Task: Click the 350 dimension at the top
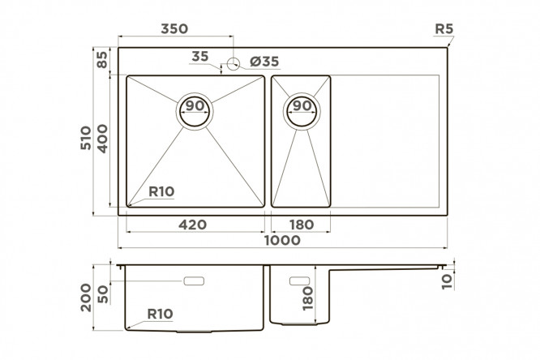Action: (x=174, y=28)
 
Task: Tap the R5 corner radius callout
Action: (x=444, y=29)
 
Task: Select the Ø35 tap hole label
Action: (x=264, y=62)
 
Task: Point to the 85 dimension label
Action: (x=102, y=60)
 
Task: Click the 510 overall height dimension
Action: (x=86, y=138)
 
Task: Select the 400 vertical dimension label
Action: (x=102, y=139)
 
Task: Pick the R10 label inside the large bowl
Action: (x=161, y=191)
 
